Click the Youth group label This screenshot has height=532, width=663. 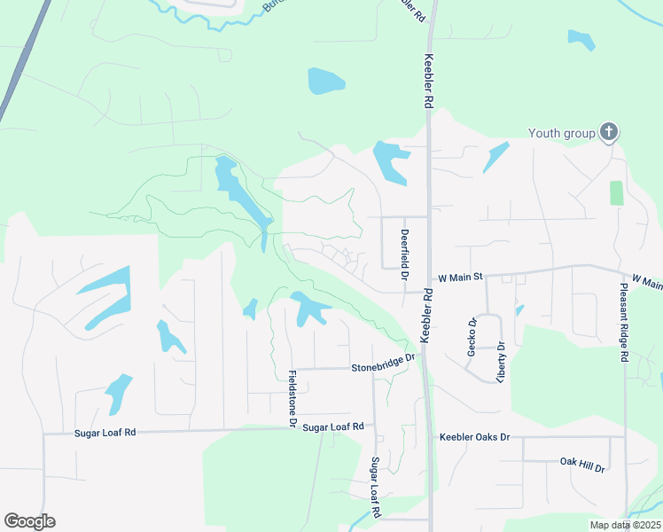pos(562,133)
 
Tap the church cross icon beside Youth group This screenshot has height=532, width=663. pos(608,133)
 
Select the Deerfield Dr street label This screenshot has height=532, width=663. pos(404,250)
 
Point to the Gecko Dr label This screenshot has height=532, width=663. pos(472,337)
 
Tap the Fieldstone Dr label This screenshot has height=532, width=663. pos(290,400)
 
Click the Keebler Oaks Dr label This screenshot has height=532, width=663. pos(475,437)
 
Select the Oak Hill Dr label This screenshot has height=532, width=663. pos(581,464)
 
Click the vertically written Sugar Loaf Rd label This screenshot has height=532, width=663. pos(375,488)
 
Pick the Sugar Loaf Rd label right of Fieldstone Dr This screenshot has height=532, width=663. pos(333,426)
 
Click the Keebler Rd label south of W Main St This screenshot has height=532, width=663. pos(426,315)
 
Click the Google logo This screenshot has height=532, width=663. pos(29,521)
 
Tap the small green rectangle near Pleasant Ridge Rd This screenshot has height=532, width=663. pos(616,193)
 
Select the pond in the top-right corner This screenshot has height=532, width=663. pos(581,40)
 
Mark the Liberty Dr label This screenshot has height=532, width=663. pos(501,361)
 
